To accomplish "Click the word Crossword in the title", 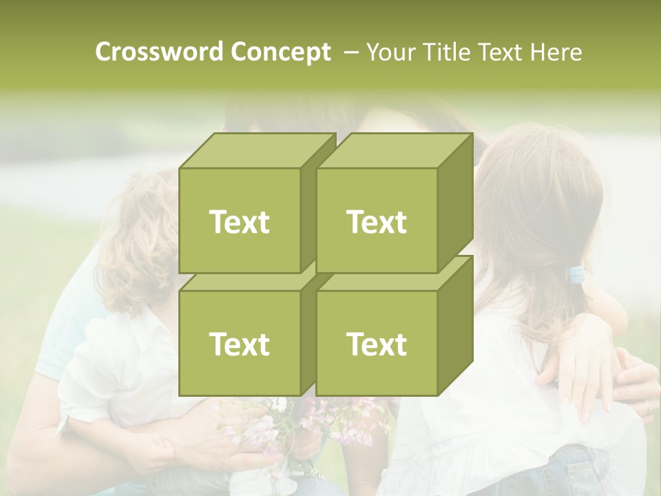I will [x=160, y=52].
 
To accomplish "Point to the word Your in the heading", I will [x=390, y=52].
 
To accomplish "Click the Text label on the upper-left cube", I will [x=239, y=222].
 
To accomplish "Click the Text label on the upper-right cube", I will [x=377, y=222].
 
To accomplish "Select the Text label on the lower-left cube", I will [x=239, y=344].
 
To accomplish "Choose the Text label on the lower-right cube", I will [x=377, y=344].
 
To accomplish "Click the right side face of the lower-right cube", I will [x=455, y=327].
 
